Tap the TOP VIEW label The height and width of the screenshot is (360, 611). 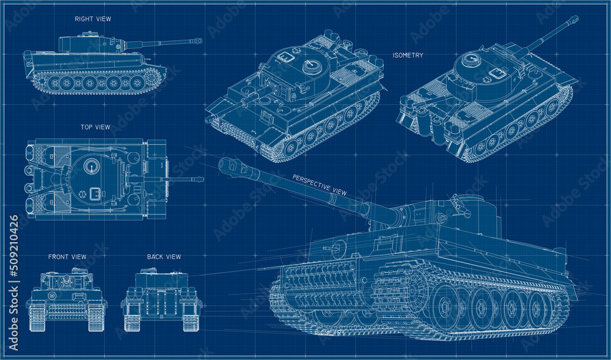(95, 127)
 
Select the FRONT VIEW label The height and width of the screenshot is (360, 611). (67, 257)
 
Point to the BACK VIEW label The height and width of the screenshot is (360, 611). (164, 257)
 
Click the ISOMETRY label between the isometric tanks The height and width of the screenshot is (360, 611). (408, 56)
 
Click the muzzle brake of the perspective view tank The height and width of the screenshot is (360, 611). (233, 166)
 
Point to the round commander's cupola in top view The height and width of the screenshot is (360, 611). (92, 164)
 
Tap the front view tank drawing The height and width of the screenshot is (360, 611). (67, 299)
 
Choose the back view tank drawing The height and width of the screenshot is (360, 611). (161, 299)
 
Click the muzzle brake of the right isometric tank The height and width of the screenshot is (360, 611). (573, 19)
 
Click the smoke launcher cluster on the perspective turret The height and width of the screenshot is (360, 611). (460, 205)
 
